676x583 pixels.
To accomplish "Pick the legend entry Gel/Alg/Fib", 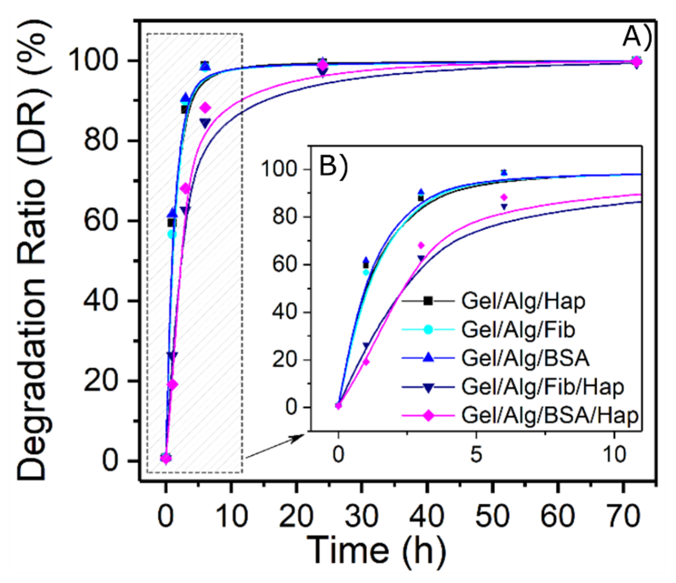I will [x=518, y=330].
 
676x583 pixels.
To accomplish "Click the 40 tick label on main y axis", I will [x=100, y=301].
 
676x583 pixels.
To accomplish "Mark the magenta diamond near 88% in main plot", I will [x=206, y=107].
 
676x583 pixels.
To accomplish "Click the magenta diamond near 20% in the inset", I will [x=366, y=361].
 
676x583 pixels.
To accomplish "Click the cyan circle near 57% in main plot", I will [x=172, y=234].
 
